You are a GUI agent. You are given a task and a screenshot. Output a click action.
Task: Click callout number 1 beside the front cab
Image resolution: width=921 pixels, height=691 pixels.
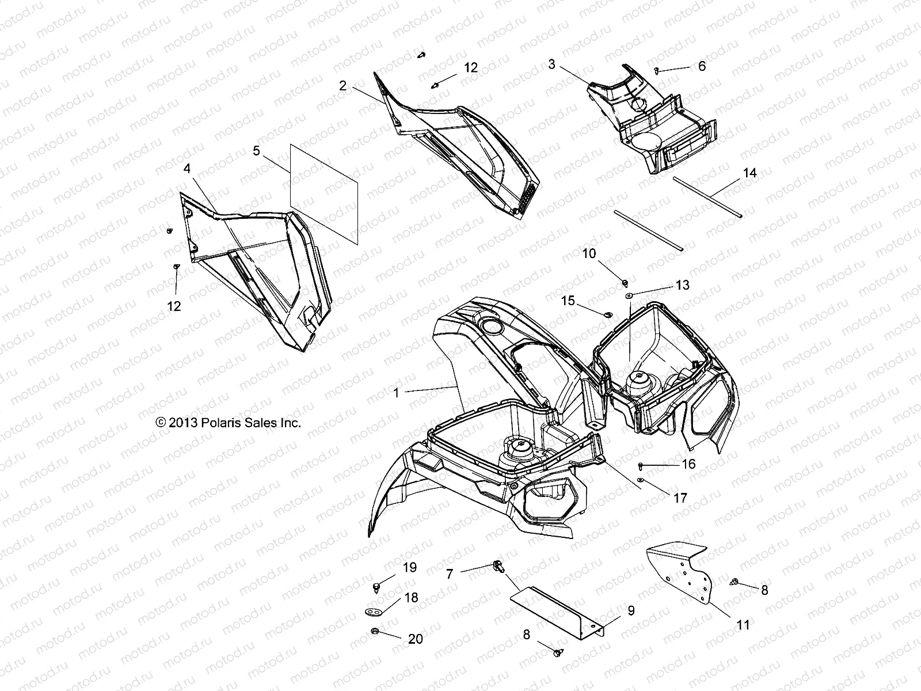(x=396, y=393)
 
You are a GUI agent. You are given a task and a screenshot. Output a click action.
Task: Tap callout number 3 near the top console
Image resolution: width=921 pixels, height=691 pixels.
(x=551, y=64)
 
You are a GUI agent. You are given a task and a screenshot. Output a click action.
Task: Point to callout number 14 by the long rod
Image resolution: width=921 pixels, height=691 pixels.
(x=749, y=173)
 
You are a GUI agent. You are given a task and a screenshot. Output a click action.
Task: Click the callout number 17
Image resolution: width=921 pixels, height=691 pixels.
(x=680, y=498)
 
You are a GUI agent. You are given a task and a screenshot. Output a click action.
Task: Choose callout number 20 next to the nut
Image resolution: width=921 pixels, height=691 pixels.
(x=415, y=639)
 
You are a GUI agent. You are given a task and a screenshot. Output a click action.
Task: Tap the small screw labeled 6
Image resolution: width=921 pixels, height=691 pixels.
(x=657, y=70)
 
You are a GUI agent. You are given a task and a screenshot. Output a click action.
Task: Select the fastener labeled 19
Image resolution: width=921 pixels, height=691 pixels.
(x=376, y=586)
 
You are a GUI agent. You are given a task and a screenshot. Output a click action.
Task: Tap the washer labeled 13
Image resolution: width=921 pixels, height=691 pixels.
(x=630, y=295)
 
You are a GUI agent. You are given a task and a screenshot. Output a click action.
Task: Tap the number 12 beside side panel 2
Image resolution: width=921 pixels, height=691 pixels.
(x=470, y=67)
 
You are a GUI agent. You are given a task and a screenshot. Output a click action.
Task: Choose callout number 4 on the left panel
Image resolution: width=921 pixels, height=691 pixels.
(x=187, y=168)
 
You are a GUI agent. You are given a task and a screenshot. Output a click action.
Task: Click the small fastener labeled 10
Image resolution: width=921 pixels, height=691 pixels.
(x=625, y=282)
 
